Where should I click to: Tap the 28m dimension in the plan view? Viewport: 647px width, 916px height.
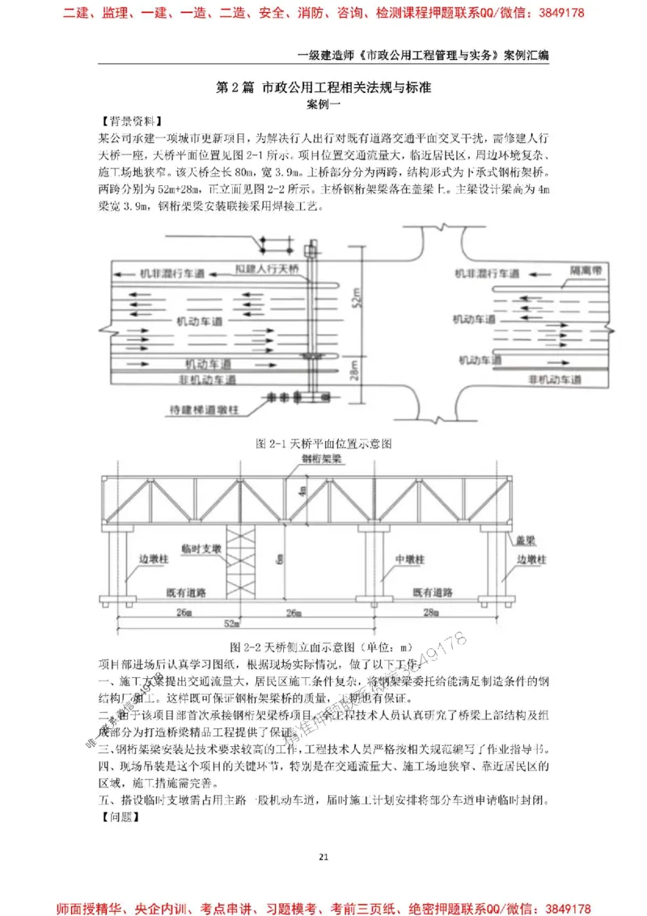point(353,373)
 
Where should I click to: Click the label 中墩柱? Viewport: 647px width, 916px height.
point(410,559)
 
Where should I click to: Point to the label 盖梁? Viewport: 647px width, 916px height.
point(518,537)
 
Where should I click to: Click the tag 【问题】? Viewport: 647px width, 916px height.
point(116,816)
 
